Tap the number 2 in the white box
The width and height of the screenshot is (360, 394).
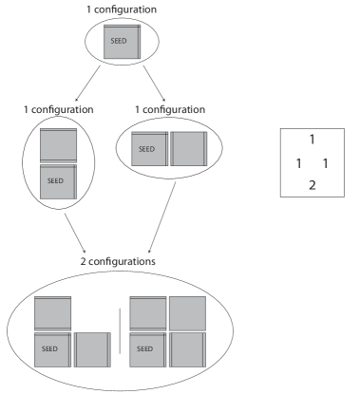pos(312,184)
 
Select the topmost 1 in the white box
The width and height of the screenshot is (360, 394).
pos(312,140)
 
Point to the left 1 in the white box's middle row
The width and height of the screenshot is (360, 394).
pos(298,163)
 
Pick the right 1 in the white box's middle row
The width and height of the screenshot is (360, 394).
pos(326,163)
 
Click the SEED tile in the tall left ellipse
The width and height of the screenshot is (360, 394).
pos(58,180)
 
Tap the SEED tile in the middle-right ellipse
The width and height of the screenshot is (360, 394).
pos(149,150)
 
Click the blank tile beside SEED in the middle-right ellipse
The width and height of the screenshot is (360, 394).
pos(187,150)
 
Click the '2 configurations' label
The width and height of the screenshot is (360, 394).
pos(119,259)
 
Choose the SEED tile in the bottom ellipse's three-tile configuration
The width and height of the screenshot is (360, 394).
pos(52,348)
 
